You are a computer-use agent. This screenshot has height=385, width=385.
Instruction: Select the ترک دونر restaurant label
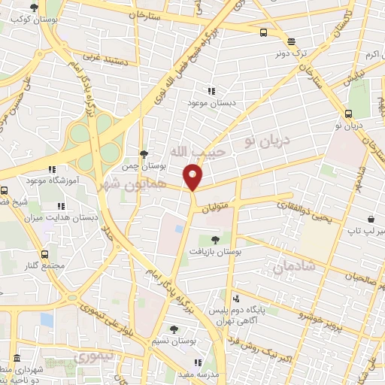[x=292, y=53]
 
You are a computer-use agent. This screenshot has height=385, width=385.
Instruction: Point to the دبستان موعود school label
[x=220, y=101]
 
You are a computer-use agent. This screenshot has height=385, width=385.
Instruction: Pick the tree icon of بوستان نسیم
[x=174, y=329]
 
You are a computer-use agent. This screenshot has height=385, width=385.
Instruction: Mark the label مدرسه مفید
[x=198, y=374]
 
